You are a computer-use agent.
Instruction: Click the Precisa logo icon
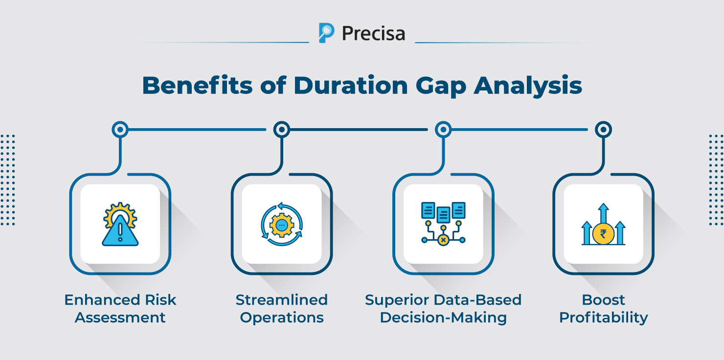(x=326, y=33)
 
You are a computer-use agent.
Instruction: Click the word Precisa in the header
(x=373, y=33)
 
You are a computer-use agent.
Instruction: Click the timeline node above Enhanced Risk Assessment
(x=120, y=130)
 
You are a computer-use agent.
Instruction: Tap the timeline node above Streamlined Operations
(x=281, y=130)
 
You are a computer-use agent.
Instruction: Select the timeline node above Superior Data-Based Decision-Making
(x=443, y=130)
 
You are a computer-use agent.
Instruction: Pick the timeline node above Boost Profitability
(x=604, y=130)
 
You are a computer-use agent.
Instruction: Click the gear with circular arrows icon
(x=281, y=225)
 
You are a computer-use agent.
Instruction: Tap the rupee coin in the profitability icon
(x=603, y=234)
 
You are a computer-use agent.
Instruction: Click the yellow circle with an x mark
(x=443, y=240)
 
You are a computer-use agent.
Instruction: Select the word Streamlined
(x=281, y=299)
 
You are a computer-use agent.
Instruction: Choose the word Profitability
(x=603, y=317)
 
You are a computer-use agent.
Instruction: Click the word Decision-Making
(x=443, y=317)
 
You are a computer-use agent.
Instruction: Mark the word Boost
(x=603, y=299)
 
